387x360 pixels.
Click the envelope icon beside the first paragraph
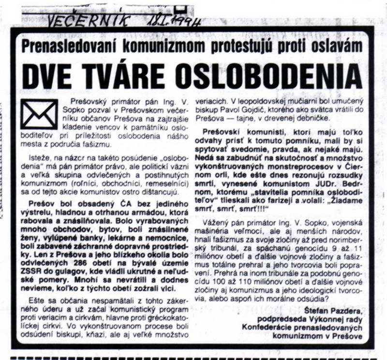39,114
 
